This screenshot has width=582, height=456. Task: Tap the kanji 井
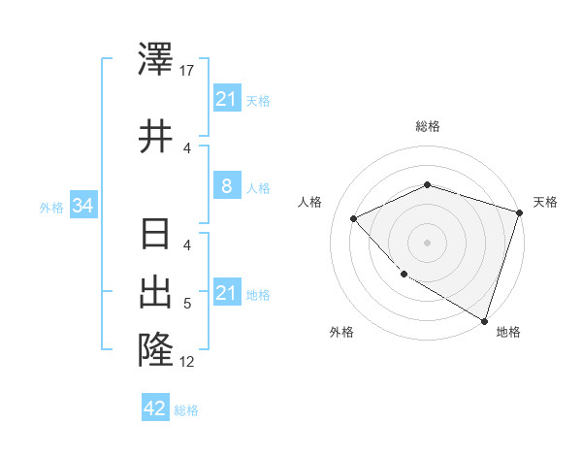(x=155, y=137)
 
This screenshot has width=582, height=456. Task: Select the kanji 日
(x=155, y=236)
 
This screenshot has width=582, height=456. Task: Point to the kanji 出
(x=155, y=291)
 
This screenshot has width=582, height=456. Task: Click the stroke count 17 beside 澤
(x=187, y=70)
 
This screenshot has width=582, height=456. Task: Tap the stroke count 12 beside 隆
(x=187, y=362)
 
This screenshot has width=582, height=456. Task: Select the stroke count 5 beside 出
(x=187, y=305)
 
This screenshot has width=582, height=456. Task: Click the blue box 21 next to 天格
(x=226, y=99)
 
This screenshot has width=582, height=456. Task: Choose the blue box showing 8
(x=226, y=186)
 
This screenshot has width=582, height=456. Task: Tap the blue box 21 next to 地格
(x=226, y=293)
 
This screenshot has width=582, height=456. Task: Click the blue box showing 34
(x=83, y=206)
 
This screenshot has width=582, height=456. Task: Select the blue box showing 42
(x=155, y=408)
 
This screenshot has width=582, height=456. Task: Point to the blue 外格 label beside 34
(x=51, y=207)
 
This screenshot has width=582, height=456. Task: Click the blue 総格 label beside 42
(x=186, y=409)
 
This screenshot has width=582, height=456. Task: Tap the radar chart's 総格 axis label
(x=427, y=126)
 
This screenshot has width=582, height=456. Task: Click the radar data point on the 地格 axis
(x=484, y=319)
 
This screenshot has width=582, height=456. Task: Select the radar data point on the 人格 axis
(x=355, y=218)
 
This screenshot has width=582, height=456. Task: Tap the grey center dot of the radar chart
(x=427, y=242)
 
